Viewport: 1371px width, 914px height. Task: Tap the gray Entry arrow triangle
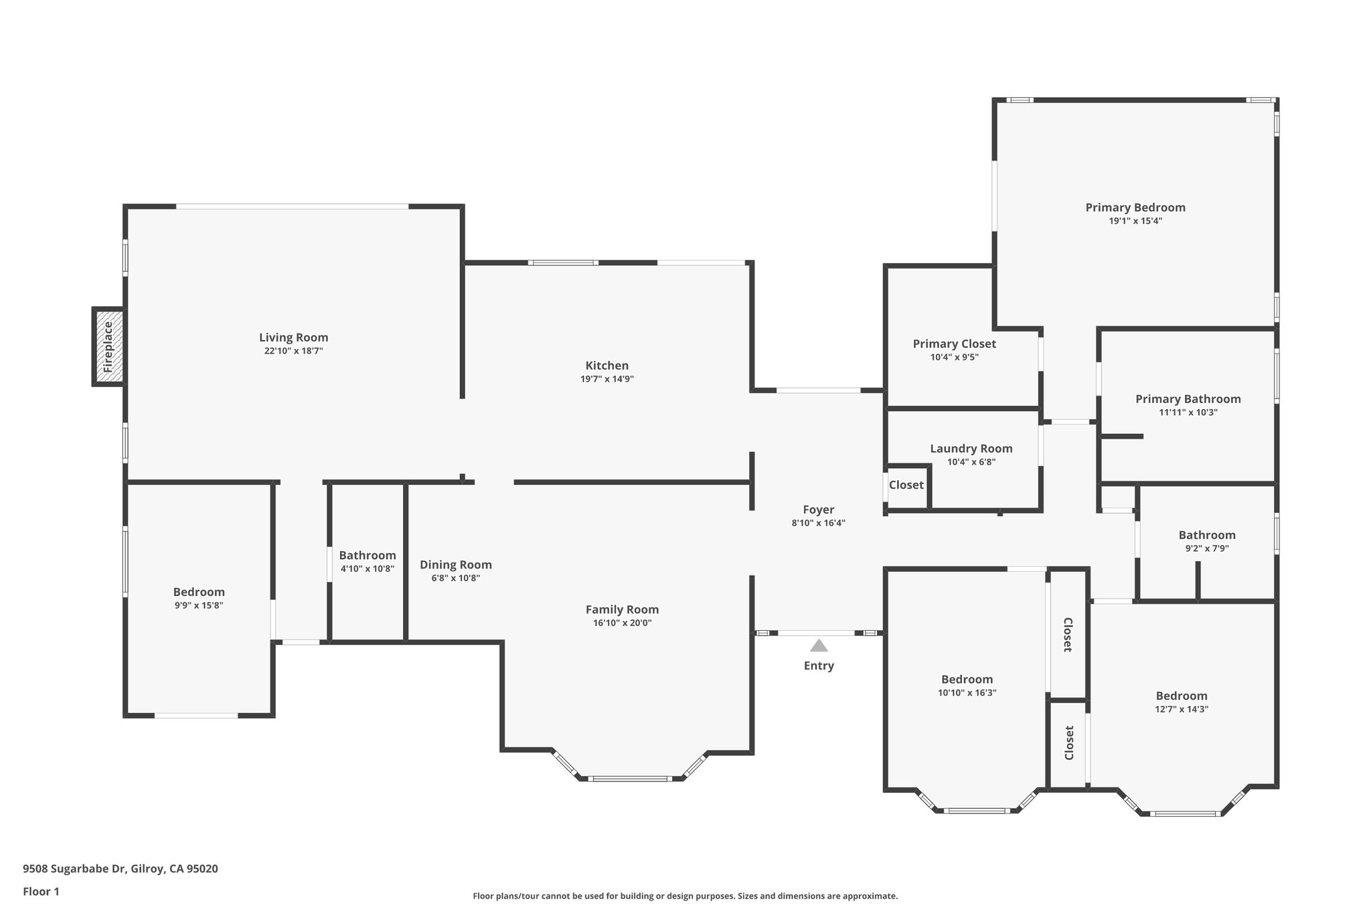coord(819,645)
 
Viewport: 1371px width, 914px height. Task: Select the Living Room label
coord(293,337)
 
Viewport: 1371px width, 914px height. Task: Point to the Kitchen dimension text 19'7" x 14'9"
coord(607,379)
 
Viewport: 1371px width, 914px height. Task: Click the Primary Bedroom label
coord(1135,208)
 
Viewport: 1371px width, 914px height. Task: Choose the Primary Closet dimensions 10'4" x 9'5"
coord(954,358)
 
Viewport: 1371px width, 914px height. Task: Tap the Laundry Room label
coord(971,449)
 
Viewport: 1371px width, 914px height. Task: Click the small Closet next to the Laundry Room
coord(906,485)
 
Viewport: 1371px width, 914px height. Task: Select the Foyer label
coord(818,510)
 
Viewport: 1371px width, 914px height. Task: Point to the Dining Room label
coord(455,564)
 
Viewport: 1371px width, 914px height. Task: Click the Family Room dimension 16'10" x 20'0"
coord(622,623)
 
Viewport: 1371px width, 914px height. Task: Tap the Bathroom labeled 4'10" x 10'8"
coord(367,556)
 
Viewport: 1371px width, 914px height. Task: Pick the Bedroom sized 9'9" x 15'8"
coord(199,593)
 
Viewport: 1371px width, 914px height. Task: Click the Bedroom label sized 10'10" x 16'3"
coord(967,680)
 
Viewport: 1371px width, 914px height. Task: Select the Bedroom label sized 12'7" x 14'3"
coord(1181,696)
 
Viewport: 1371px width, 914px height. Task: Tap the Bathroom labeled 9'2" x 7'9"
coord(1206,535)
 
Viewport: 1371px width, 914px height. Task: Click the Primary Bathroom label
coord(1188,399)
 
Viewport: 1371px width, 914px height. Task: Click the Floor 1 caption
coord(41,891)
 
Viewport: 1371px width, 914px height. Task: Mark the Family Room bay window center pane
coord(630,778)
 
